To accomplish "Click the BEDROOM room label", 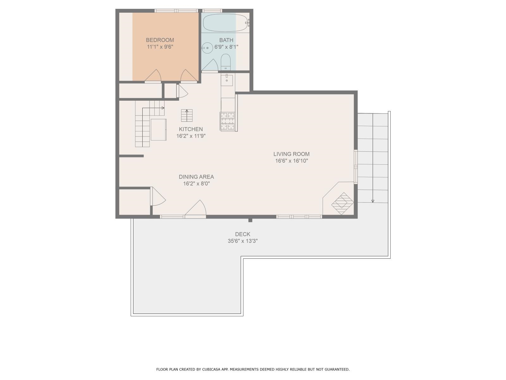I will (x=160, y=40).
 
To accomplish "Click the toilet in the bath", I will (x=225, y=62).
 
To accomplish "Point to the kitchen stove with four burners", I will (x=228, y=121).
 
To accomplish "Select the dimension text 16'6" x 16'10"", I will (x=291, y=161).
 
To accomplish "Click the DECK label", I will (x=243, y=234).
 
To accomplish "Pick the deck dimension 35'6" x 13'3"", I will (x=243, y=241).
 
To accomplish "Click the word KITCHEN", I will (x=191, y=129).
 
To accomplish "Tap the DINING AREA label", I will (x=196, y=177).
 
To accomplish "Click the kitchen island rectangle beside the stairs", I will (x=158, y=130).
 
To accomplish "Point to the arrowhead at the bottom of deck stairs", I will (x=373, y=201).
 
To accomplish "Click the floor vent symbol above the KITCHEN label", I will (x=187, y=115).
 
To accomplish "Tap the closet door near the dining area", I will (x=158, y=196).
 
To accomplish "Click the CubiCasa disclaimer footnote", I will (x=253, y=369).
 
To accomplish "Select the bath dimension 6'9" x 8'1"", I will (x=226, y=47).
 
